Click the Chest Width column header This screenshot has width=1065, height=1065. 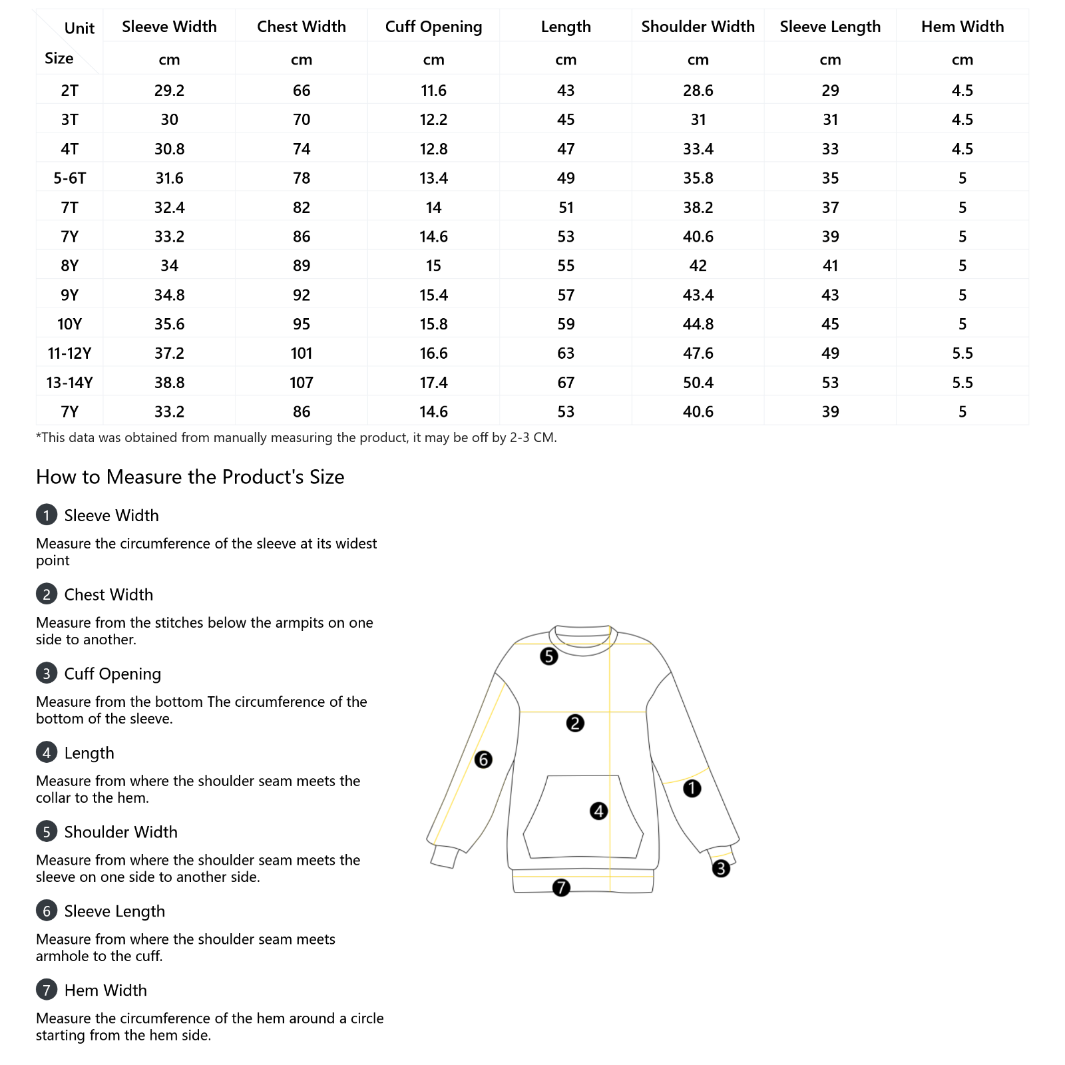(x=302, y=27)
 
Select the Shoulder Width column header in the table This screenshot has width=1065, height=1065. (x=698, y=27)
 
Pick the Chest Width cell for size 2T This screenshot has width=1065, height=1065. (x=302, y=91)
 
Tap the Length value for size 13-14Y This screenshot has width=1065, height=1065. (x=566, y=383)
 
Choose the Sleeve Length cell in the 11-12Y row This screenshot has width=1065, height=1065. (x=830, y=353)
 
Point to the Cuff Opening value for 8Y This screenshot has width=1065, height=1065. (x=433, y=266)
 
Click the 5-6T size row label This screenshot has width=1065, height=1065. (x=70, y=178)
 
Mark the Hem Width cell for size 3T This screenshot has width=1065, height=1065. (x=962, y=120)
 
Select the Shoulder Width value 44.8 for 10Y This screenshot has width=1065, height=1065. (x=698, y=324)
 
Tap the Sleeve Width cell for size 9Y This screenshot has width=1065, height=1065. (x=169, y=295)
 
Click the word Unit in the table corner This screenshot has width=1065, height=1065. (x=79, y=28)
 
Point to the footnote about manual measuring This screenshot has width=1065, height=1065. (x=296, y=438)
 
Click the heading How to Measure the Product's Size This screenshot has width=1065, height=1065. (x=190, y=477)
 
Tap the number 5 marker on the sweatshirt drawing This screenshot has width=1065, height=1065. (x=548, y=656)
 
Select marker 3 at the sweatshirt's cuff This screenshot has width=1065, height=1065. (x=721, y=869)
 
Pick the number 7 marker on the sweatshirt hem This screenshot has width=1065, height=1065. (x=561, y=887)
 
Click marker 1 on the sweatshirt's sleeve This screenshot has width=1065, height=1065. (x=692, y=789)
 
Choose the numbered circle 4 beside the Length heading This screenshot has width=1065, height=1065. (x=47, y=753)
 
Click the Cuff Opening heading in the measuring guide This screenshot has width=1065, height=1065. (x=112, y=674)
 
